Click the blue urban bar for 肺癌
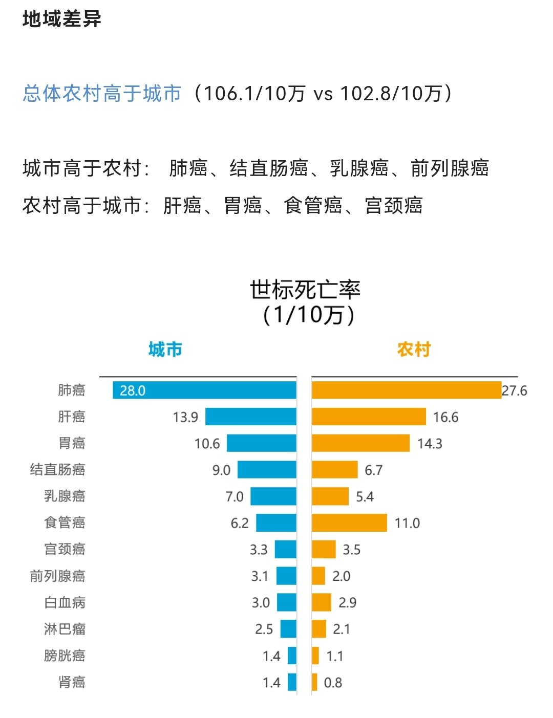click(205, 390)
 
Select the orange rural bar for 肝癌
click(369, 417)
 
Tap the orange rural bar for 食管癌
click(349, 523)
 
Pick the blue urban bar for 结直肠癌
click(267, 469)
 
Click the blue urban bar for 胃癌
click(262, 443)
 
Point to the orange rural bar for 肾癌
click(314, 682)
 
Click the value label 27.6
click(514, 391)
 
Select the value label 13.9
click(185, 417)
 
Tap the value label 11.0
click(407, 523)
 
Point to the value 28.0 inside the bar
click(133, 391)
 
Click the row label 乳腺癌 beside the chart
click(65, 496)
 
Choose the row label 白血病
click(65, 602)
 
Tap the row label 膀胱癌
click(65, 656)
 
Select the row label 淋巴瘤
click(65, 629)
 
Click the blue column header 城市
click(165, 350)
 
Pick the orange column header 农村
click(414, 350)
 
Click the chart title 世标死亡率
click(305, 290)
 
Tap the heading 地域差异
click(62, 19)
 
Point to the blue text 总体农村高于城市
click(102, 94)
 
